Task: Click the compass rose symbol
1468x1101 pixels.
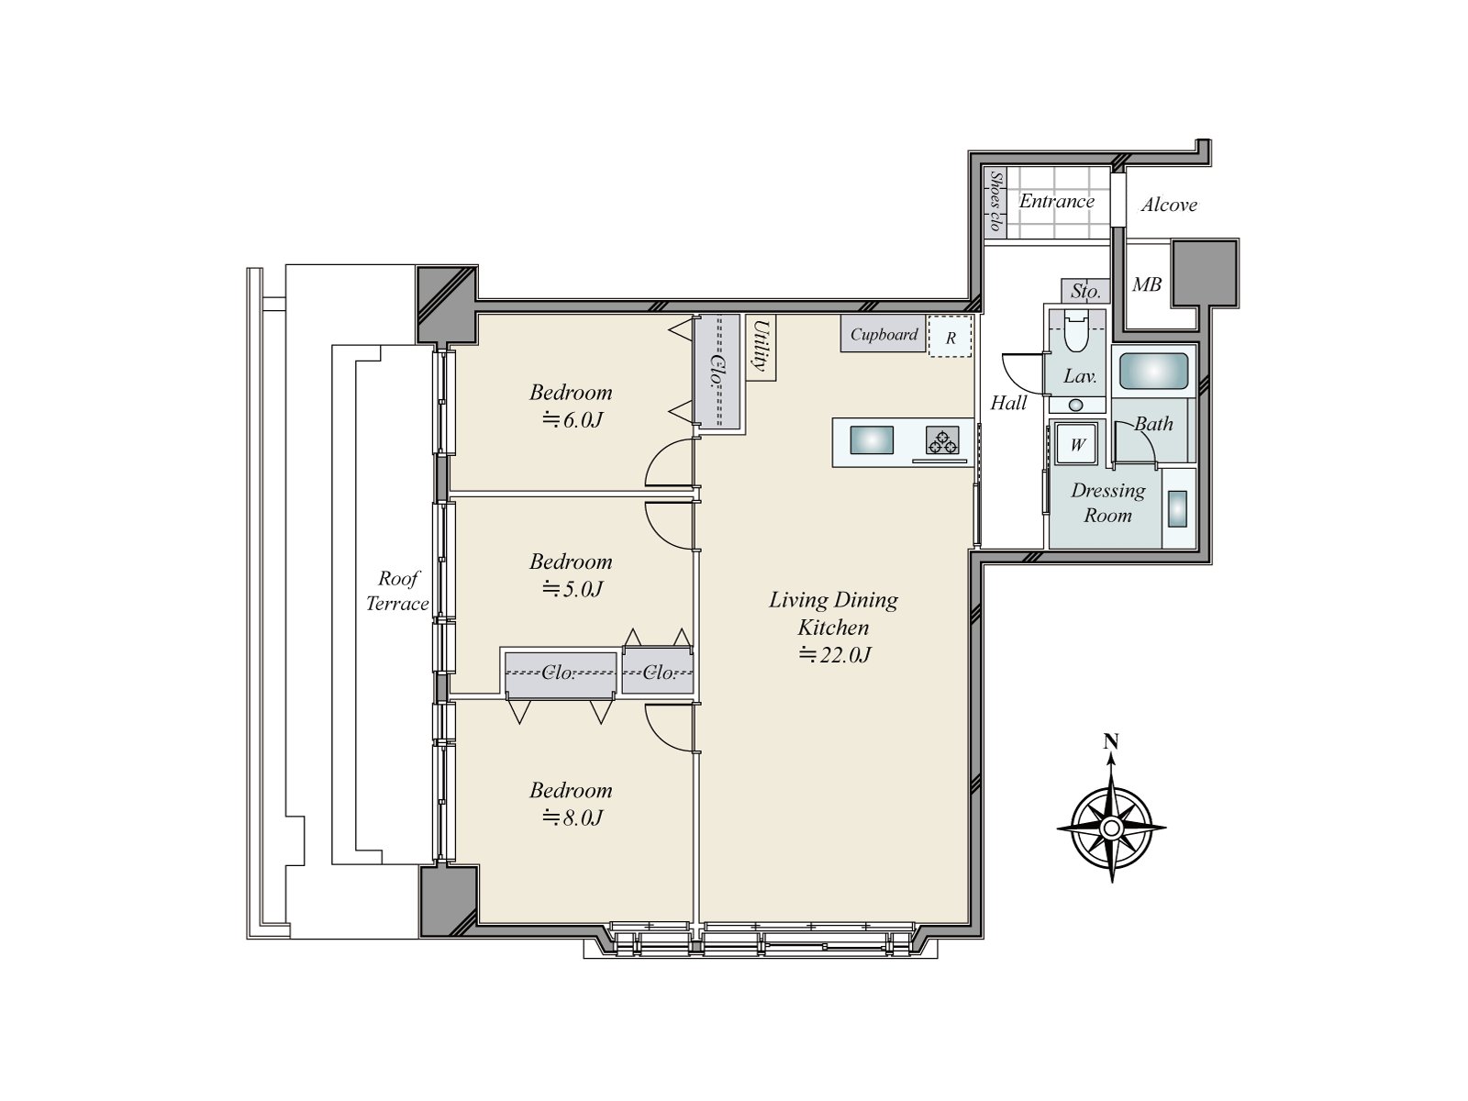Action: pos(1111,828)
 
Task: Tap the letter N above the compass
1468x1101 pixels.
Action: pos(1111,741)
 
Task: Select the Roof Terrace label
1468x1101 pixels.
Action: pos(397,591)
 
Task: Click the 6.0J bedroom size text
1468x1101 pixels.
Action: pos(573,420)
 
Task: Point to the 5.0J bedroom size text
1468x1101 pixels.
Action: pos(573,589)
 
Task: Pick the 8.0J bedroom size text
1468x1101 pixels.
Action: pos(573,817)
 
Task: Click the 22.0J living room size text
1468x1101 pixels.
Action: pos(835,654)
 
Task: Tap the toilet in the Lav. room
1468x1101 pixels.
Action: pos(1076,331)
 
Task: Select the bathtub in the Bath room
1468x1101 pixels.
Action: pos(1153,371)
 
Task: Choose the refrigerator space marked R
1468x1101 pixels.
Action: pos(950,336)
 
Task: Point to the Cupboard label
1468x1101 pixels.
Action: pos(884,334)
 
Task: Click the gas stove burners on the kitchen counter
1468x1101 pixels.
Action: pos(942,440)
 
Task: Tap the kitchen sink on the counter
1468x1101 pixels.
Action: pos(872,439)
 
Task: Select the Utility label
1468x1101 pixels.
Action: pos(761,345)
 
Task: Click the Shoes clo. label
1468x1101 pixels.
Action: pos(996,201)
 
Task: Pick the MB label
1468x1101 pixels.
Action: pos(1146,284)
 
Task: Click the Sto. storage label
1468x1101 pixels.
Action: pos(1084,292)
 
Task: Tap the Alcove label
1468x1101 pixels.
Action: pos(1169,205)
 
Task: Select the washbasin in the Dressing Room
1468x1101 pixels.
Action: pos(1178,508)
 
